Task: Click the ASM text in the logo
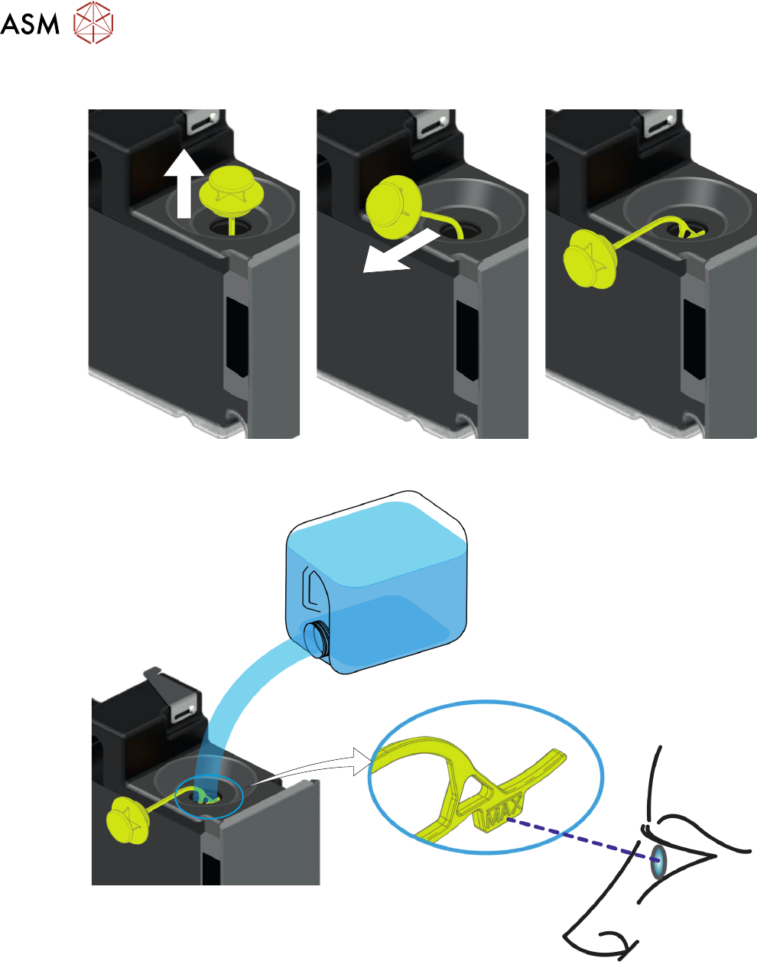pyautogui.click(x=30, y=24)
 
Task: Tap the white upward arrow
pyautogui.click(x=184, y=183)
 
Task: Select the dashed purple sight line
pyautogui.click(x=573, y=836)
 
